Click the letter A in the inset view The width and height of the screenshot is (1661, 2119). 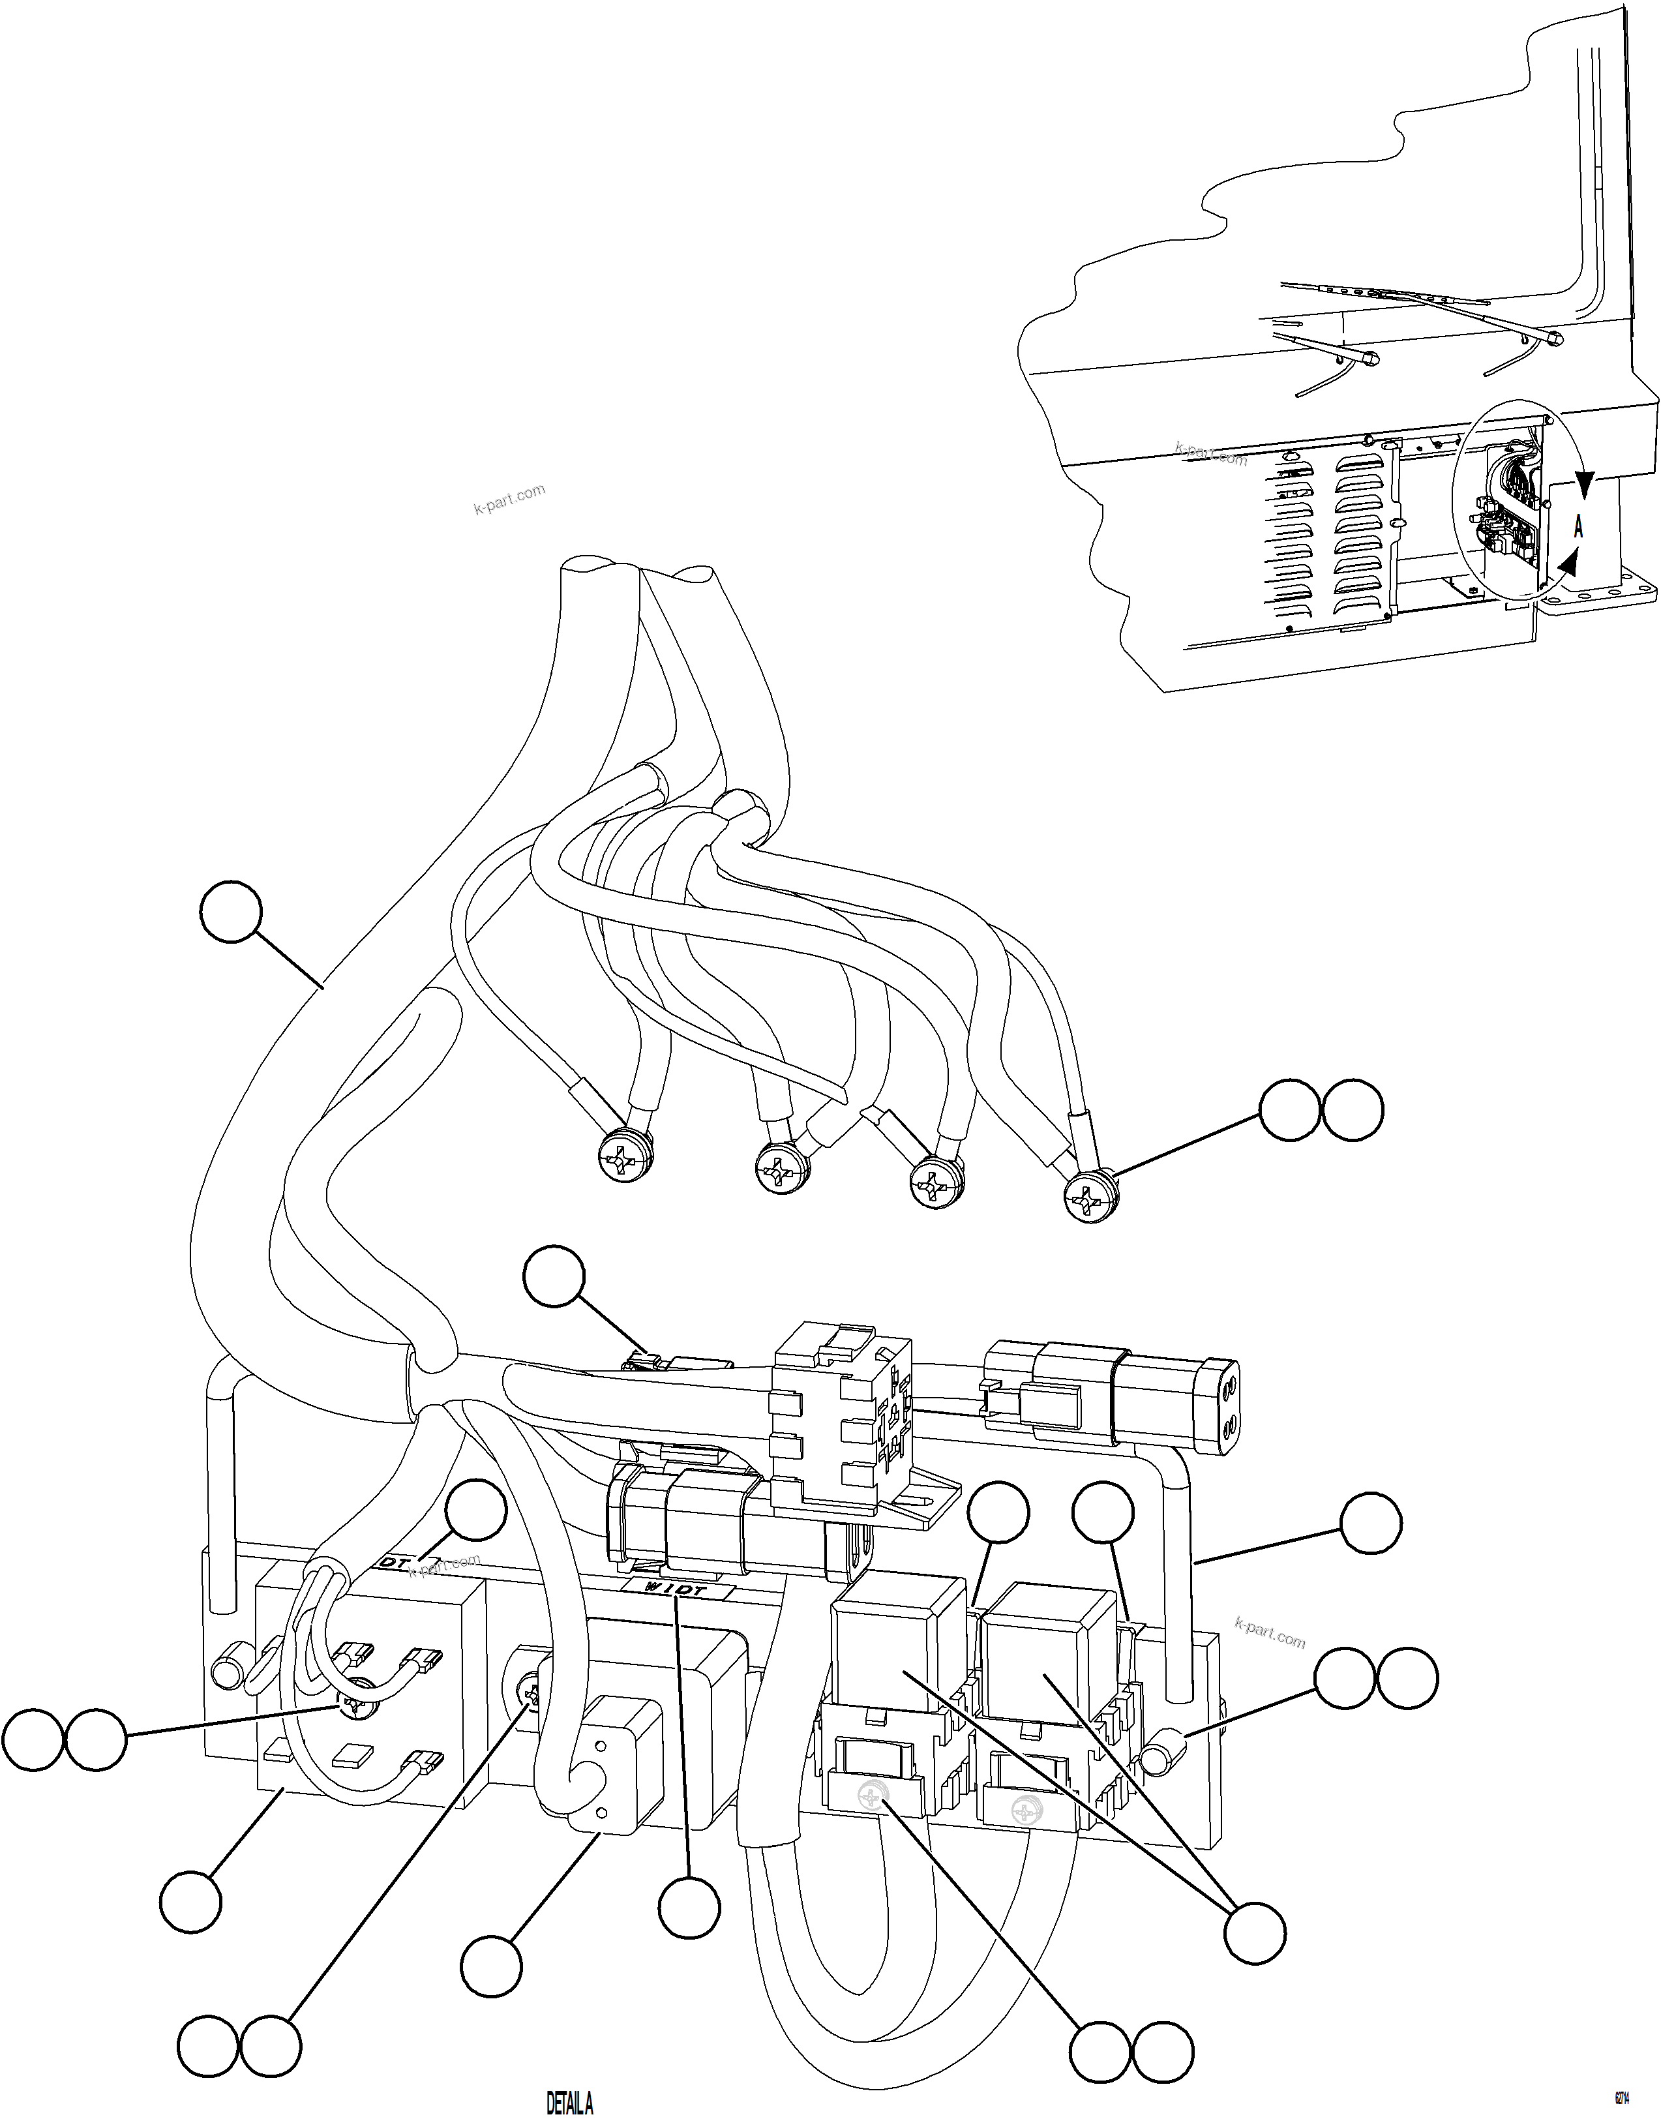[1578, 527]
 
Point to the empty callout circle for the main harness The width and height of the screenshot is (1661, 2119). [232, 911]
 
